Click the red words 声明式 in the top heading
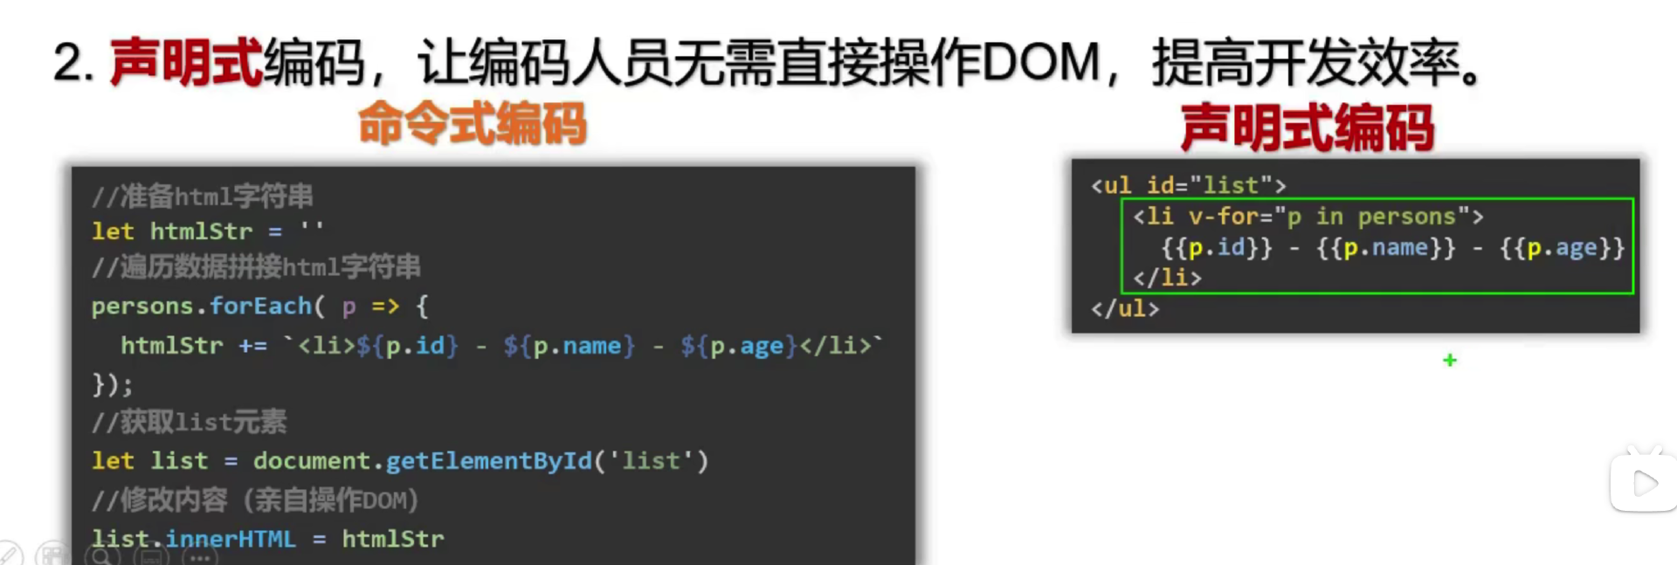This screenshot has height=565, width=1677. (185, 63)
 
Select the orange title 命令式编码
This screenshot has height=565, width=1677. (472, 124)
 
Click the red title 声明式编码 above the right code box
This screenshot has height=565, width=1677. (1307, 127)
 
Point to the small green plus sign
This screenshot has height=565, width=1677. (1450, 360)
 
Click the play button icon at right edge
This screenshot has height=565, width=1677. (1644, 483)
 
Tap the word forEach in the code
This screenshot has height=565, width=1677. (260, 306)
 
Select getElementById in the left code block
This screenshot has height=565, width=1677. (488, 460)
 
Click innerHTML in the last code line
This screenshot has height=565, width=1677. (231, 539)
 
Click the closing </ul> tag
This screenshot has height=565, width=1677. (1125, 308)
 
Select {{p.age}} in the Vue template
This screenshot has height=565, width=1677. (1562, 248)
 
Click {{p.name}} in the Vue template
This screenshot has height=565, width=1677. (1385, 248)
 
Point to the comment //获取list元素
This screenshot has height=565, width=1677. (190, 422)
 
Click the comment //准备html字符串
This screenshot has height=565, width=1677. (203, 196)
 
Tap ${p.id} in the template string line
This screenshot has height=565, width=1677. (407, 346)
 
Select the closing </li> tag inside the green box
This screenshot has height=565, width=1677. (1167, 278)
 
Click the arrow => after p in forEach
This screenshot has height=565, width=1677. (385, 306)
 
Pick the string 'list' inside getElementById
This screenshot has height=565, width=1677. (651, 460)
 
